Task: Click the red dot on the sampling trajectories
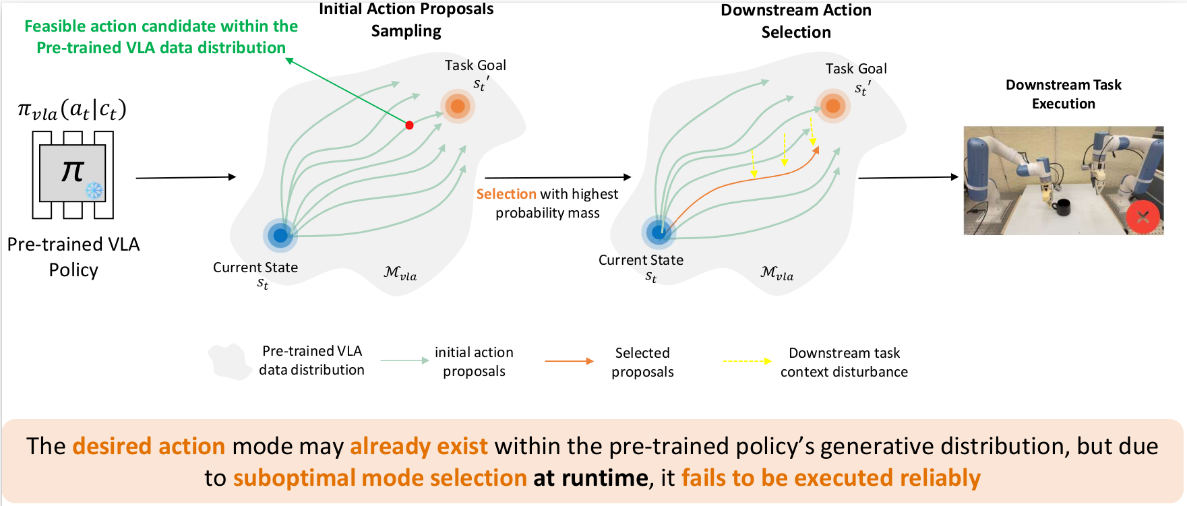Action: click(409, 125)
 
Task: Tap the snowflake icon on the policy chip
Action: click(94, 191)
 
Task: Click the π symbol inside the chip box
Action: click(72, 171)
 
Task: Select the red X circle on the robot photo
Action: click(1143, 217)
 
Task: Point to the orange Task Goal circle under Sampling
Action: click(458, 106)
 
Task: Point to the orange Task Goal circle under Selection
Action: click(833, 106)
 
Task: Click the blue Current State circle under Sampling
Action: click(280, 235)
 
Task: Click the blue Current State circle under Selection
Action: click(659, 232)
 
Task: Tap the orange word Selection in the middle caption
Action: click(506, 194)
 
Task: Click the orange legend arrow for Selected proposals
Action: click(569, 361)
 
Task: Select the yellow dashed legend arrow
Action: click(747, 361)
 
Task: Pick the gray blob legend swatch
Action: click(229, 362)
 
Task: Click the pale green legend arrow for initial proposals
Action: click(404, 360)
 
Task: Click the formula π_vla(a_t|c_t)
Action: click(72, 110)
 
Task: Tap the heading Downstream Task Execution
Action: click(1063, 94)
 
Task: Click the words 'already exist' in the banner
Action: click(419, 446)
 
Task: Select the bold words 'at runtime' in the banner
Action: click(590, 478)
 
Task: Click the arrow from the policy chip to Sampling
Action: click(185, 177)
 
